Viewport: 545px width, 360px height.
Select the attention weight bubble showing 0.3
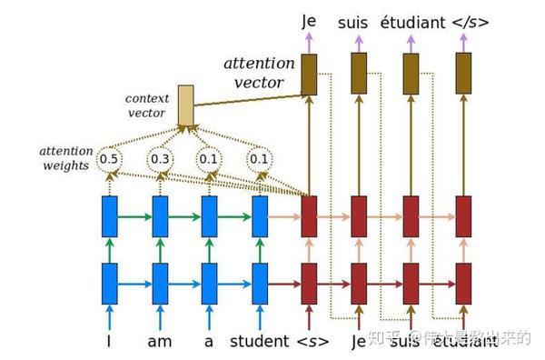pos(161,159)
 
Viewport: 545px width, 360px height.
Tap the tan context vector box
pos(186,105)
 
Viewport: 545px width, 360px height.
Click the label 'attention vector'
pos(259,73)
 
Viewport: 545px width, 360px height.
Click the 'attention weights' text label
pos(64,158)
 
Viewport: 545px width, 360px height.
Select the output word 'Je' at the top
pos(309,19)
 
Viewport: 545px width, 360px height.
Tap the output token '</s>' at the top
pos(468,19)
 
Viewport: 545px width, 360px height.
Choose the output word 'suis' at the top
pos(358,19)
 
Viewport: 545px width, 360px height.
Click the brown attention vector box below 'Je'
pos(309,74)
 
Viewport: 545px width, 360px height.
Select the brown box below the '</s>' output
pos(464,74)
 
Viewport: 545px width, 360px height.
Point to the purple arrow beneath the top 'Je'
pos(309,41)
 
